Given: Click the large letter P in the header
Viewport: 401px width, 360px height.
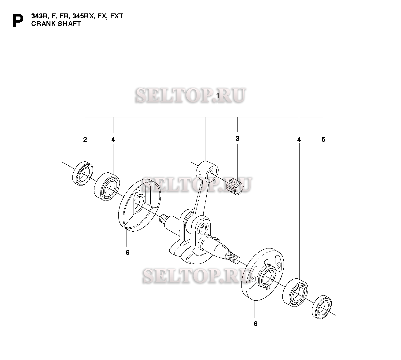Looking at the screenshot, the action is point(18,21).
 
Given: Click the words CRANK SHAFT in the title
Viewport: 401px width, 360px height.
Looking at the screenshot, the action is point(56,24).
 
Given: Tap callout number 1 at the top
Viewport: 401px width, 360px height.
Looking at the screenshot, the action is point(218,96).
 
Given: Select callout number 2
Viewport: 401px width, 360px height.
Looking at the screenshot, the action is point(85,140).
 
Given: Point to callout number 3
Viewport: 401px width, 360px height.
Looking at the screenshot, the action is point(237,139).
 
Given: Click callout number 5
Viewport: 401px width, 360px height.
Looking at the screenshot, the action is point(323,140).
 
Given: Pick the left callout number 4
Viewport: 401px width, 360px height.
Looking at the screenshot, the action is point(113,140).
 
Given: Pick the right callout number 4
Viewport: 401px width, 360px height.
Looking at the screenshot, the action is point(299,140).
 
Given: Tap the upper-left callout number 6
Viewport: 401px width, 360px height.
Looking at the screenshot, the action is point(127,252).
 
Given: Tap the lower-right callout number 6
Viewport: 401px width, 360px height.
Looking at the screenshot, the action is point(256,324).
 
